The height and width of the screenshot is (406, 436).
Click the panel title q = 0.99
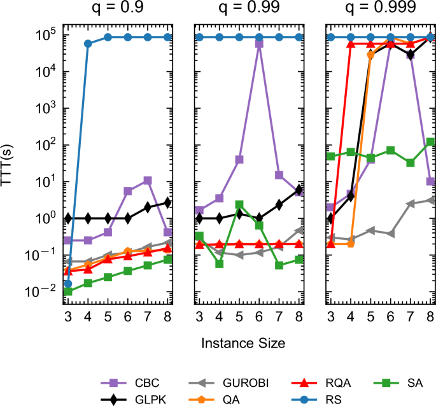tap(250, 9)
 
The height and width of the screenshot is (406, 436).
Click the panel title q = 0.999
tap(381, 9)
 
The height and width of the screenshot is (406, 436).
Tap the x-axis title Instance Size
tap(243, 342)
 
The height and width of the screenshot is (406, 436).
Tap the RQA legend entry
tap(321, 382)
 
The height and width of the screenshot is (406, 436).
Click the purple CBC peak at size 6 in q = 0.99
tap(259, 43)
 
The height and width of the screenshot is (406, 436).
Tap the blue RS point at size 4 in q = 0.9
tap(88, 43)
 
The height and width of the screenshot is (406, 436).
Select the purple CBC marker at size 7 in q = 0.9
tap(148, 181)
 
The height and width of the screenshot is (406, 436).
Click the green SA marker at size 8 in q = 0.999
tap(430, 142)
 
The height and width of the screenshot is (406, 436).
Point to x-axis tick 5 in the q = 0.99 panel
tap(239, 317)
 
